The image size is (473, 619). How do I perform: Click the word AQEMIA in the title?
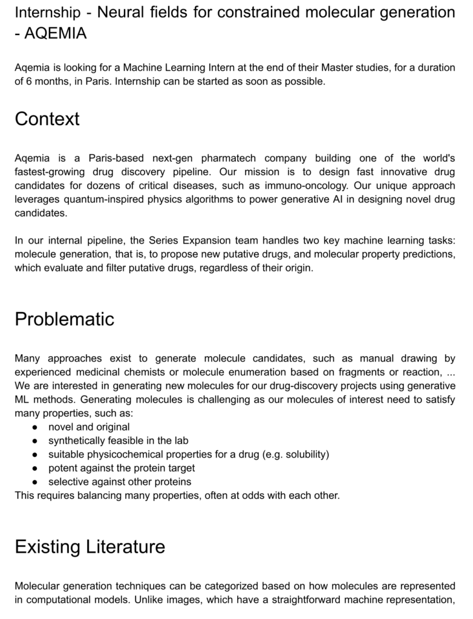click(x=55, y=34)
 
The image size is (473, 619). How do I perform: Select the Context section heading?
click(x=47, y=119)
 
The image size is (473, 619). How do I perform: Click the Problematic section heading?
click(x=64, y=319)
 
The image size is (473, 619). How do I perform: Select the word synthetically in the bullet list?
click(x=76, y=440)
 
